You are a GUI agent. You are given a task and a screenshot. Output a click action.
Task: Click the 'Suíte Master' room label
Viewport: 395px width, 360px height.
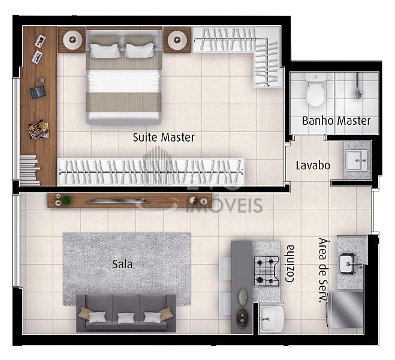pyautogui.click(x=164, y=137)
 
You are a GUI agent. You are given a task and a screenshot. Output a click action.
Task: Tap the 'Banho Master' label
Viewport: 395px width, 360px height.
pyautogui.click(x=336, y=121)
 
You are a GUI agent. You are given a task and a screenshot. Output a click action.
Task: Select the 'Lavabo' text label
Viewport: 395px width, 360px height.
pyautogui.click(x=313, y=166)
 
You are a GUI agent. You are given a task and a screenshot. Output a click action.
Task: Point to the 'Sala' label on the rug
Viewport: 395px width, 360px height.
pyautogui.click(x=122, y=264)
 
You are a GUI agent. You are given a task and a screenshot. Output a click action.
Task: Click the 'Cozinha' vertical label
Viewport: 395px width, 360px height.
pyautogui.click(x=290, y=263)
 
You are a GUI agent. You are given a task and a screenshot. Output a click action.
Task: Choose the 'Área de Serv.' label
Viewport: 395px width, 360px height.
pyautogui.click(x=324, y=270)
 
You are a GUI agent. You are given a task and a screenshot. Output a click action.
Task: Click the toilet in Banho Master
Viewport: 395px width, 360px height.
pyautogui.click(x=315, y=90)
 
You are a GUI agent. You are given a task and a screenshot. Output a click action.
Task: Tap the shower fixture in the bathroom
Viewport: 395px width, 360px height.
pyautogui.click(x=358, y=86)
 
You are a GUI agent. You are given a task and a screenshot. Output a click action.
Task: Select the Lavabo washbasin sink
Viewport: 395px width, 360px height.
pyautogui.click(x=357, y=160)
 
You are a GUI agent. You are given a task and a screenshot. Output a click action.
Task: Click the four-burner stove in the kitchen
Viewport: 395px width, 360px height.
pyautogui.click(x=267, y=271)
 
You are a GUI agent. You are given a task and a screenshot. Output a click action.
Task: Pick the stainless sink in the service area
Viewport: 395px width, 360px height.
pyautogui.click(x=348, y=264)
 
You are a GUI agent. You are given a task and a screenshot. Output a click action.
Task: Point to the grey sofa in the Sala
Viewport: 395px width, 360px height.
pyautogui.click(x=126, y=313)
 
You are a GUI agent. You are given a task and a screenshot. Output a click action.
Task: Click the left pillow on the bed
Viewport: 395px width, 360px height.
pyautogui.click(x=105, y=50)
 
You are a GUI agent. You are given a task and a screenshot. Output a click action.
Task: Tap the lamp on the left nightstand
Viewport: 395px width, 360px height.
pyautogui.click(x=73, y=40)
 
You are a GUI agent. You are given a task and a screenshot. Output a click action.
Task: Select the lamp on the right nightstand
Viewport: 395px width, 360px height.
pyautogui.click(x=177, y=40)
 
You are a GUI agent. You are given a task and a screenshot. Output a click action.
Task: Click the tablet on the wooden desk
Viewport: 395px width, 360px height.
pyautogui.click(x=38, y=92)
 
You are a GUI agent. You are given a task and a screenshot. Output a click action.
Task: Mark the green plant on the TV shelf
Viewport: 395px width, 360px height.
pyautogui.click(x=66, y=200)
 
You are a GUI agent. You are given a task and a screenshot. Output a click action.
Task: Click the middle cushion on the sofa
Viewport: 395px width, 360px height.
pyautogui.click(x=126, y=318)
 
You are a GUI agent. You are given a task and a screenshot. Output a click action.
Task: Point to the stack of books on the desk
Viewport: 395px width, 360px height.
pyautogui.click(x=30, y=170)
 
